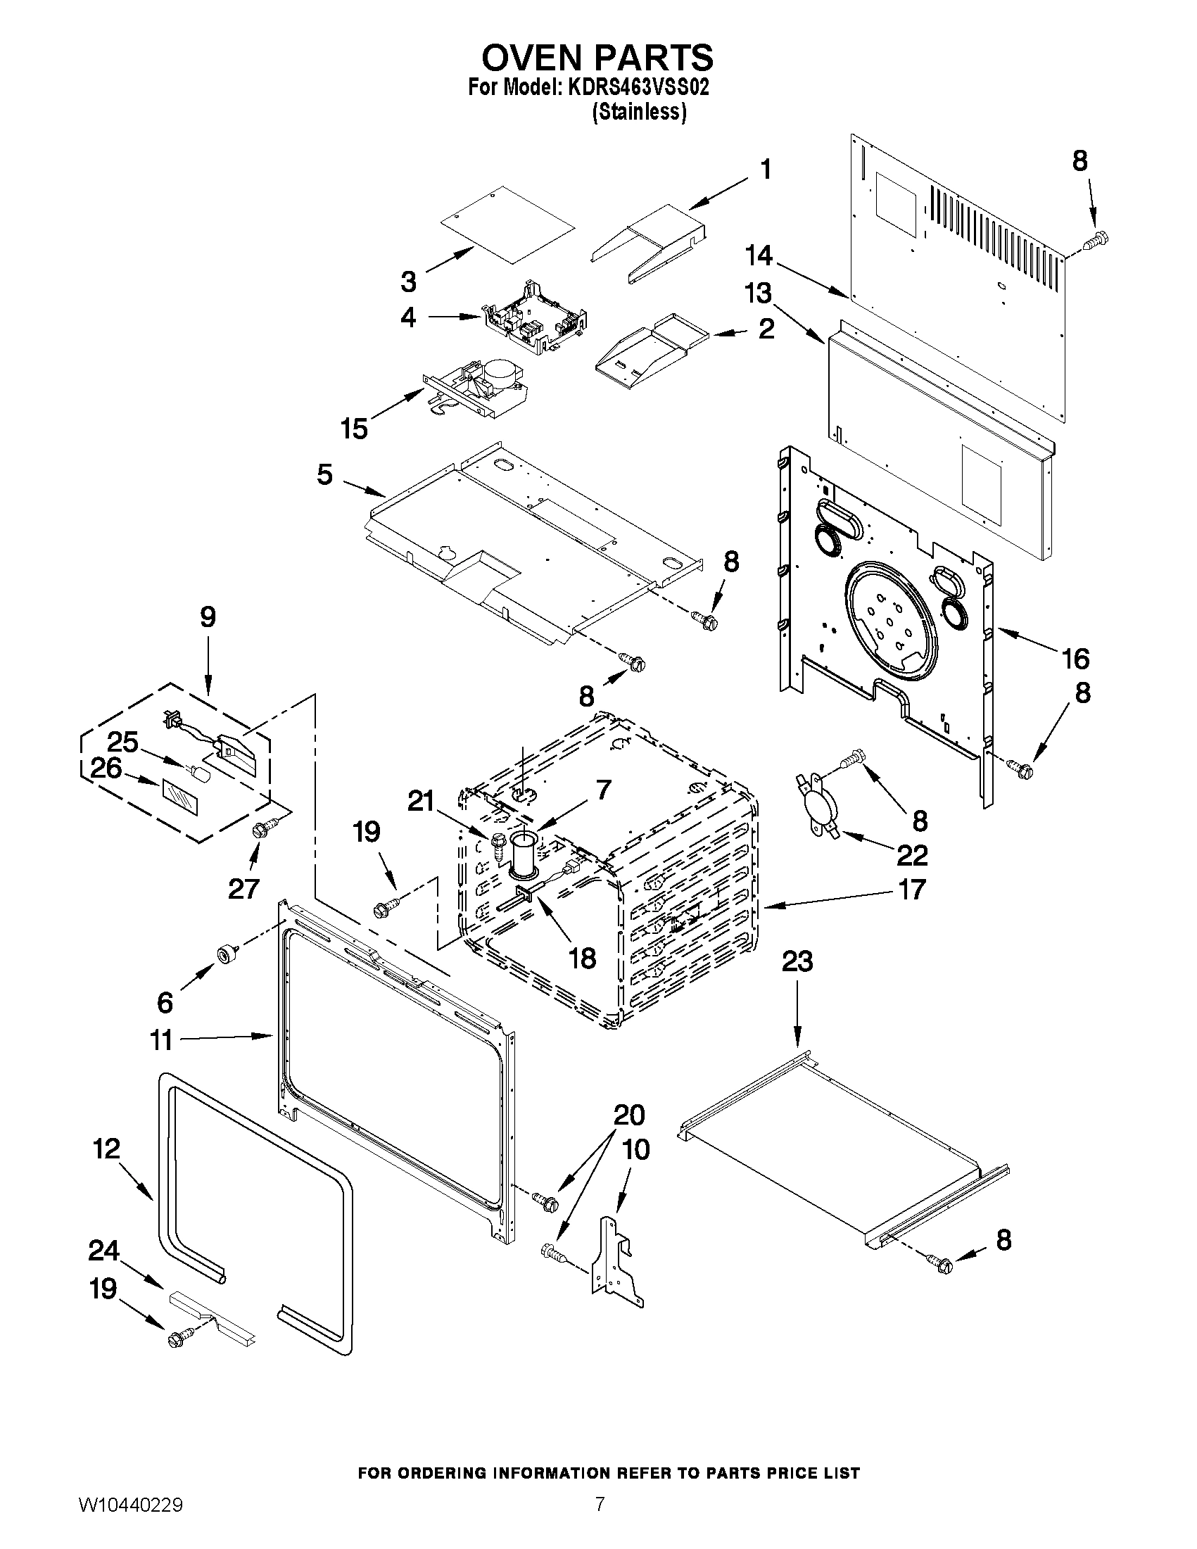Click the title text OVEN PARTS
597,57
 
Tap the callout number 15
354,429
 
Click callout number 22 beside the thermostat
912,855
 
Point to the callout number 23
797,963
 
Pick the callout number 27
243,889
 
